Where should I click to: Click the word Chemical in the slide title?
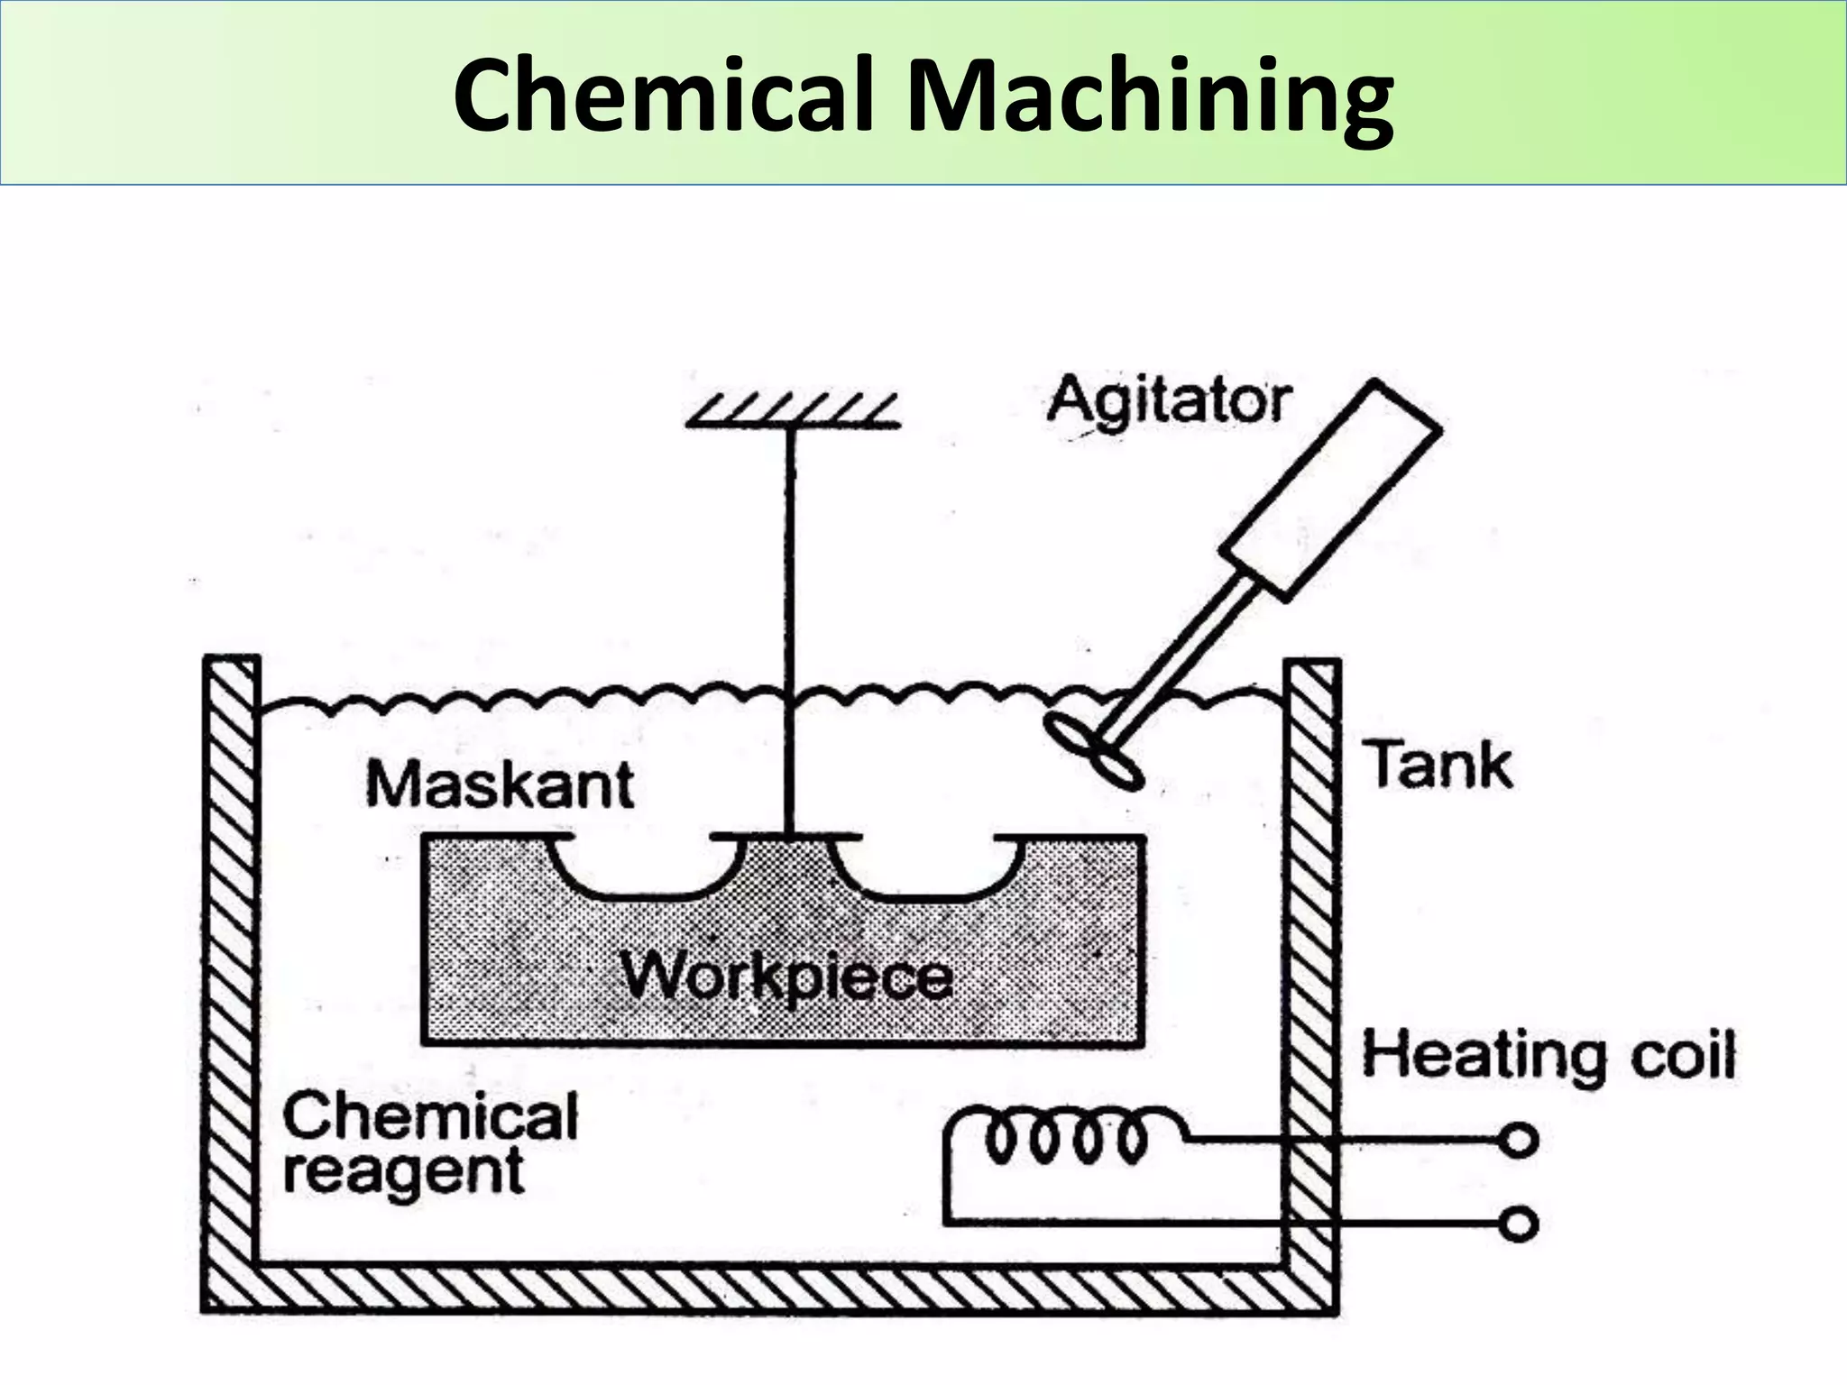664,95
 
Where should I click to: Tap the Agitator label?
1169,401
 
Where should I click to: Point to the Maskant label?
500,784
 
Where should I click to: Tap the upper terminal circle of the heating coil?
1519,1141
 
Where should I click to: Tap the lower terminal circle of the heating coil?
1519,1224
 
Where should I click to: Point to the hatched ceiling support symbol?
793,411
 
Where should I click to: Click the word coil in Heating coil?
1683,1056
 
